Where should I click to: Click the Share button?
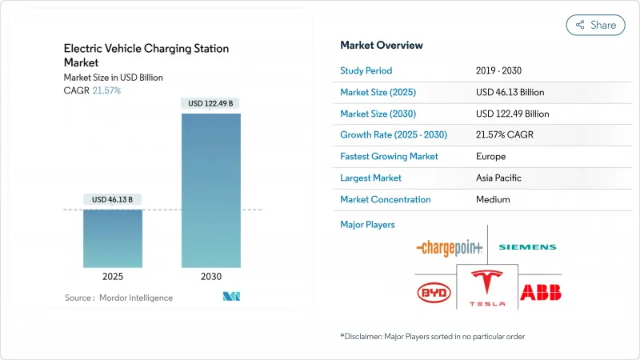click(x=595, y=25)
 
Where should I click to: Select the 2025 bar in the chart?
click(x=113, y=238)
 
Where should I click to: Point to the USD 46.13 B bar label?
click(x=113, y=199)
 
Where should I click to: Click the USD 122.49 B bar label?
click(x=211, y=103)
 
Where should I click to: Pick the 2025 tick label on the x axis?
click(x=113, y=277)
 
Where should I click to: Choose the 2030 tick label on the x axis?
click(x=211, y=277)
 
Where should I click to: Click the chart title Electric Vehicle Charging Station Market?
click(x=146, y=55)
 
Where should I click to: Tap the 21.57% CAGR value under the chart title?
click(x=105, y=90)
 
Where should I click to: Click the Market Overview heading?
click(x=382, y=45)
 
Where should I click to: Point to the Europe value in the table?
click(x=490, y=157)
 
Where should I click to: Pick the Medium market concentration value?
click(x=493, y=200)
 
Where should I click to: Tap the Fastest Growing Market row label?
click(x=389, y=157)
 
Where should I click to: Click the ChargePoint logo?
click(x=450, y=248)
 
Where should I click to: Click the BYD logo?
click(x=434, y=293)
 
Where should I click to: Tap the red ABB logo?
click(x=540, y=293)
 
